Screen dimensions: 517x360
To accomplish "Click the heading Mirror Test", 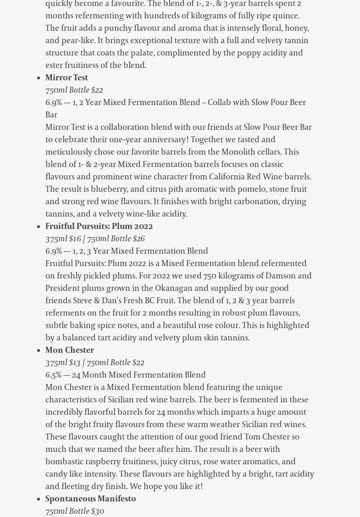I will (x=66, y=78).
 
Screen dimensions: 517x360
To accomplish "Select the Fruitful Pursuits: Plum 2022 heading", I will (x=99, y=226).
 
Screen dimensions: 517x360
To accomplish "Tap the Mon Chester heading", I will (x=70, y=350).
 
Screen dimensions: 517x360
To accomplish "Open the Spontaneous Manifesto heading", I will (x=91, y=499).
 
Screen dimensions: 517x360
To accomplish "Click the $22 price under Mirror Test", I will (x=97, y=90).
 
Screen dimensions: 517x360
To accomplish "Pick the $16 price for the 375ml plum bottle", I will (x=75, y=239).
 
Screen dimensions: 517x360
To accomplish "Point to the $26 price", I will (x=138, y=239).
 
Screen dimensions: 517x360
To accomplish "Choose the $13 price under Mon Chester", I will (x=75, y=362).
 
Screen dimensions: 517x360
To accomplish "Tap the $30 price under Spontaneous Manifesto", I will (x=98, y=511).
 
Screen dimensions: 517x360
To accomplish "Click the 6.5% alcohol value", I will (x=53, y=375).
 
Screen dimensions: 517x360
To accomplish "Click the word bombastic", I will (x=64, y=461).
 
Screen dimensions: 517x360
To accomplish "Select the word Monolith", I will (x=238, y=152).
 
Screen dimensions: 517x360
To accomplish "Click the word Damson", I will (x=280, y=276).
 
